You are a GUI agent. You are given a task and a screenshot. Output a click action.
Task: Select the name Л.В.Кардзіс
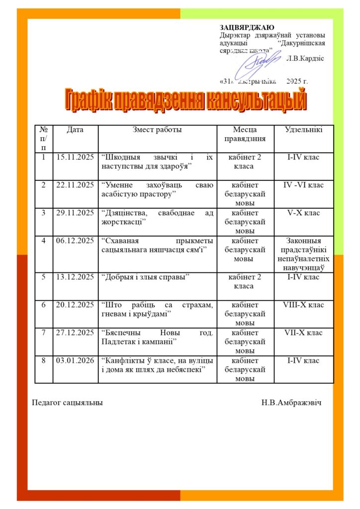point(305,58)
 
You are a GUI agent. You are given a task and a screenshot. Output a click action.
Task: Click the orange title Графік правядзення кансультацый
point(185,100)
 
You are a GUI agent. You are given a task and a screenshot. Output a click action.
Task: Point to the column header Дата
point(75,130)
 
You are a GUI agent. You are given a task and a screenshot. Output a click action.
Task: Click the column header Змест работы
point(157,130)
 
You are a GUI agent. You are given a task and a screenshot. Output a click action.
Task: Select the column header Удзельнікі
point(303,130)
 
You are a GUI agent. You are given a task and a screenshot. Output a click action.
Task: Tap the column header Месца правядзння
point(245,134)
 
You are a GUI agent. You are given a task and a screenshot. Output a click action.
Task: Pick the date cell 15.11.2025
point(75,158)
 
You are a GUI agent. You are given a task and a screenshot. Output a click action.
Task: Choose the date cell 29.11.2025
point(75,213)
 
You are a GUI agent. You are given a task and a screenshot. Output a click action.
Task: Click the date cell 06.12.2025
point(75,241)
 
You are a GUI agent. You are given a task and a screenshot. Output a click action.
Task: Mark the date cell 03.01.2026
point(75,360)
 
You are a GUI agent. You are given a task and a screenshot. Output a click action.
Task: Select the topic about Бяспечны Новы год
point(157,337)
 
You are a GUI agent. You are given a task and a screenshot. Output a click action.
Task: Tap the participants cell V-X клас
point(303,213)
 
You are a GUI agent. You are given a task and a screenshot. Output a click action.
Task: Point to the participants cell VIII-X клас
point(303,305)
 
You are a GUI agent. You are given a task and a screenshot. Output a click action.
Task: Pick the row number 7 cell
point(43,333)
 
